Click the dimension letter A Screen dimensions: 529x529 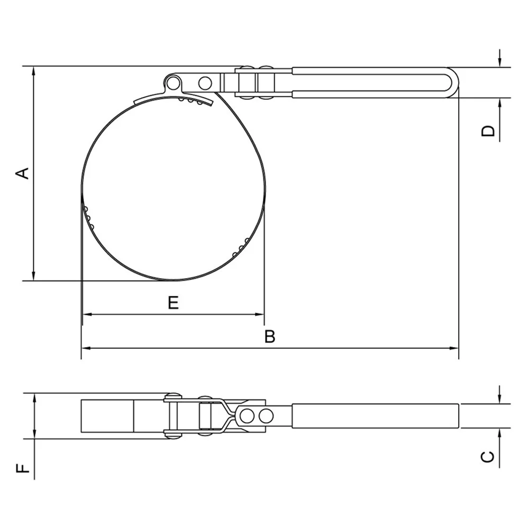click(23, 173)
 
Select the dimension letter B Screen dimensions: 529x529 click(270, 336)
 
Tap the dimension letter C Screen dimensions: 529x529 click(488, 457)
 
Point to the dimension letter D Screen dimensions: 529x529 click(488, 131)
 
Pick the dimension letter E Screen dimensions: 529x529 click(174, 303)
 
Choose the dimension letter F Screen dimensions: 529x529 click(23, 468)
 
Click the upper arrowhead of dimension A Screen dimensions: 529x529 click(33, 71)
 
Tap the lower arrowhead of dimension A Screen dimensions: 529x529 click(33, 276)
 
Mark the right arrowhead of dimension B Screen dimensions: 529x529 click(454, 348)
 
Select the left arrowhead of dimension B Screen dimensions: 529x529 click(86, 348)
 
